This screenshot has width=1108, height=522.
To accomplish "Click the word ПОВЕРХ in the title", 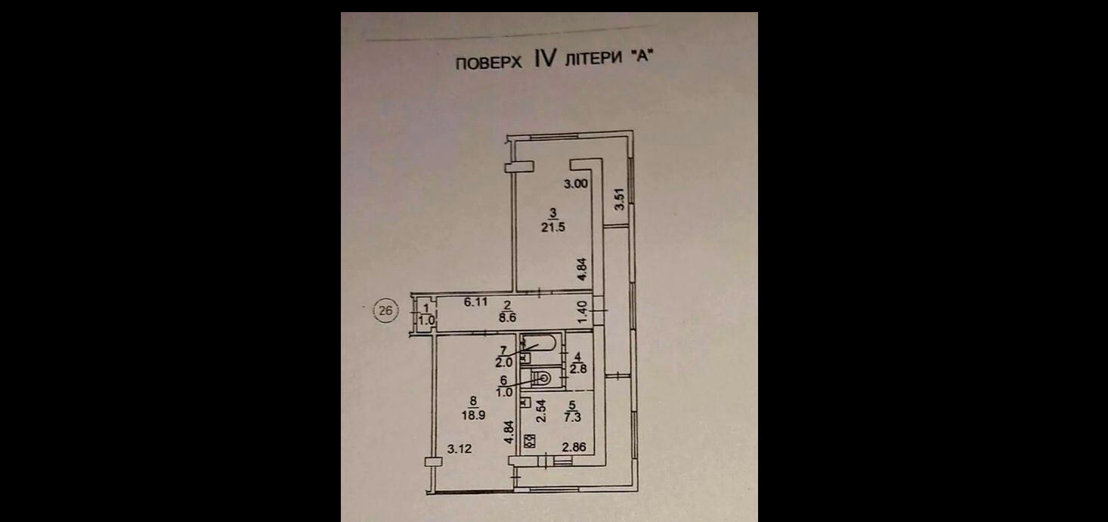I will click(x=488, y=64).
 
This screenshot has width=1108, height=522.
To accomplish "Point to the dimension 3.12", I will click(x=460, y=449).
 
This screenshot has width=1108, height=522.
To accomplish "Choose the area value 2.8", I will click(x=577, y=369).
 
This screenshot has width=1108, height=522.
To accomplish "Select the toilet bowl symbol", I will click(x=542, y=376).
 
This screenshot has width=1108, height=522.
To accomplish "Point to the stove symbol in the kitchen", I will click(x=530, y=439).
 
